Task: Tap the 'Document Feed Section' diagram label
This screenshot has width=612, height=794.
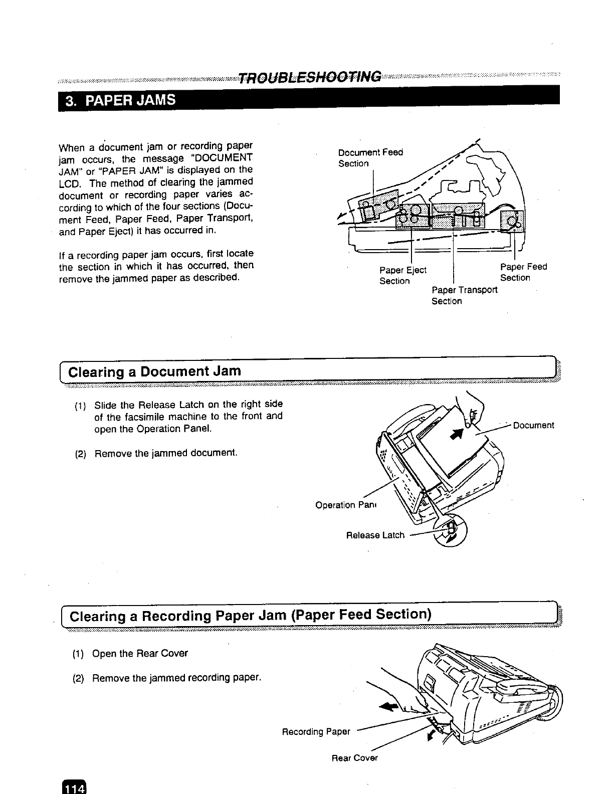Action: coord(370,157)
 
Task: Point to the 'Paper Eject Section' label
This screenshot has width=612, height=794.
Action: coord(402,275)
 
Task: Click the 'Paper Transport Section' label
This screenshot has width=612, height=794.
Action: coord(464,295)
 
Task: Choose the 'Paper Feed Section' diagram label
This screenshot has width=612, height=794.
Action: coord(523,272)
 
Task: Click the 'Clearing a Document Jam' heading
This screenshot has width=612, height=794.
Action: coord(154,371)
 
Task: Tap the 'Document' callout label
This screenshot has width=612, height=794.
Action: coord(533,426)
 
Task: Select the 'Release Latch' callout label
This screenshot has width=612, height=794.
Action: coord(375,535)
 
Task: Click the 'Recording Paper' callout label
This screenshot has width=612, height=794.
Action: coord(316,731)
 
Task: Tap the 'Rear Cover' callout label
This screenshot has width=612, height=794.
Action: coord(354,758)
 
